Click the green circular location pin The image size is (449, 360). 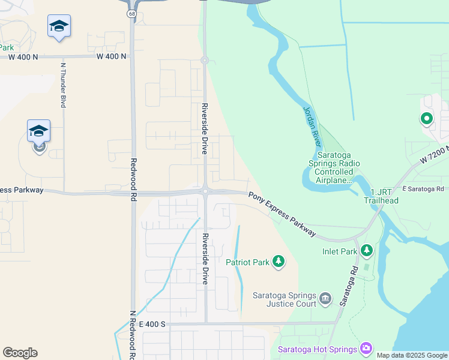click(427, 119)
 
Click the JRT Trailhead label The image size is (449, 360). click(381, 196)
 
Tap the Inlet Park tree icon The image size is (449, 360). click(366, 250)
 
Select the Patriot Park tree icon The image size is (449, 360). click(278, 261)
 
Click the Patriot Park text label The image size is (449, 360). click(247, 262)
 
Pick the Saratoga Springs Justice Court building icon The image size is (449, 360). click(325, 298)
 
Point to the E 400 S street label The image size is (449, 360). click(152, 324)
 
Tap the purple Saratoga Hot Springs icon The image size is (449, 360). click(366, 349)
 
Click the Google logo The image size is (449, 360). click(20, 353)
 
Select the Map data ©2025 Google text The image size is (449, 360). click(412, 355)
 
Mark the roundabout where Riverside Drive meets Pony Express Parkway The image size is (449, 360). click(205, 191)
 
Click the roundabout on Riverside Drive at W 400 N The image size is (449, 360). click(204, 60)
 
